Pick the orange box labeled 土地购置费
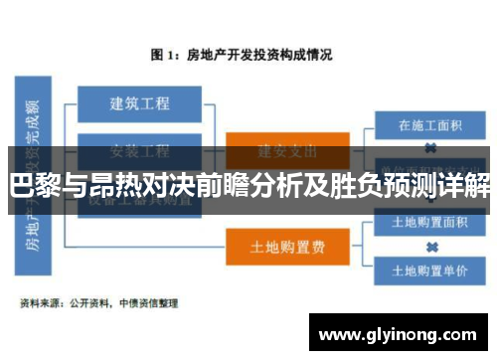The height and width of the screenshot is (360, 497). coord(287,244)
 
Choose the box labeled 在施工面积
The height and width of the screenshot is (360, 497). coord(429,126)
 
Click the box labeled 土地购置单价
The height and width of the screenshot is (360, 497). coord(429,269)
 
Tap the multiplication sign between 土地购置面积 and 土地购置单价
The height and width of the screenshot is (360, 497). coord(429,246)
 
